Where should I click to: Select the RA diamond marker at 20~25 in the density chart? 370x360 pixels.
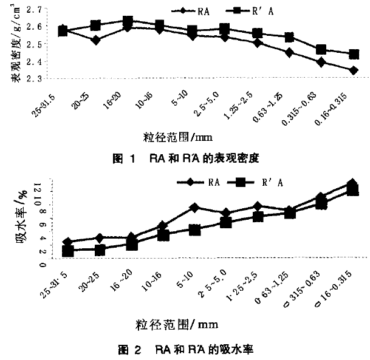[78, 39]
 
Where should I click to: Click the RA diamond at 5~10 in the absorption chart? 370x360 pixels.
[194, 208]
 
